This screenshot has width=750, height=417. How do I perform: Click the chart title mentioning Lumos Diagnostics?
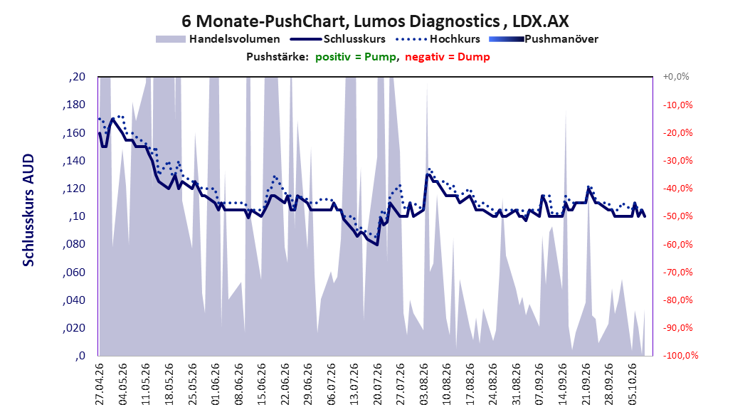pyautogui.click(x=375, y=21)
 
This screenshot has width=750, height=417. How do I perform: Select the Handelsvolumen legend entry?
pyautogui.click(x=218, y=39)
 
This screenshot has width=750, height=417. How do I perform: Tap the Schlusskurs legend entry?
pyautogui.click(x=338, y=39)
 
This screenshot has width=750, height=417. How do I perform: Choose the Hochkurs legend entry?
pyautogui.click(x=438, y=39)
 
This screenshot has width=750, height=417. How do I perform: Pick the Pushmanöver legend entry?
pyautogui.click(x=544, y=39)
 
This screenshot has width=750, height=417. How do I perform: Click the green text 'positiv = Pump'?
pyautogui.click(x=355, y=57)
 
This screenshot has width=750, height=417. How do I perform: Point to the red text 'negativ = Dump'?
pyautogui.click(x=448, y=57)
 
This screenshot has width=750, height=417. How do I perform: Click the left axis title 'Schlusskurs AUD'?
pyautogui.click(x=28, y=210)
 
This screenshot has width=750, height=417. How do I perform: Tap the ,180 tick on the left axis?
pyautogui.click(x=74, y=105)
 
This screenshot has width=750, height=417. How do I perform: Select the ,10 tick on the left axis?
pyautogui.click(x=77, y=216)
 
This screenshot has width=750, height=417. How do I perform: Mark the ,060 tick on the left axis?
pyautogui.click(x=74, y=272)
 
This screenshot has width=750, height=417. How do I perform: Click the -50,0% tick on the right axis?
pyautogui.click(x=677, y=216)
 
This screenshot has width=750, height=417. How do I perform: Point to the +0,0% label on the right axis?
pyautogui.click(x=676, y=77)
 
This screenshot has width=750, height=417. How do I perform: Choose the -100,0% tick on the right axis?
pyautogui.click(x=680, y=355)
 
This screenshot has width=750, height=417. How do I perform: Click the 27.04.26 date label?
pyautogui.click(x=100, y=384)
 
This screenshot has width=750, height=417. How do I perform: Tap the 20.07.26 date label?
pyautogui.click(x=377, y=384)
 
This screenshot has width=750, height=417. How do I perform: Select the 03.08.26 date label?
pyautogui.click(x=424, y=384)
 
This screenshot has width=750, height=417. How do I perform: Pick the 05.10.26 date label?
pyautogui.click(x=633, y=384)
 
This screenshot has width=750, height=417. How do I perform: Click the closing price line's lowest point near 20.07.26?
pyautogui.click(x=377, y=245)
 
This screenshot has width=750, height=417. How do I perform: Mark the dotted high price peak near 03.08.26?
pyautogui.click(x=429, y=169)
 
